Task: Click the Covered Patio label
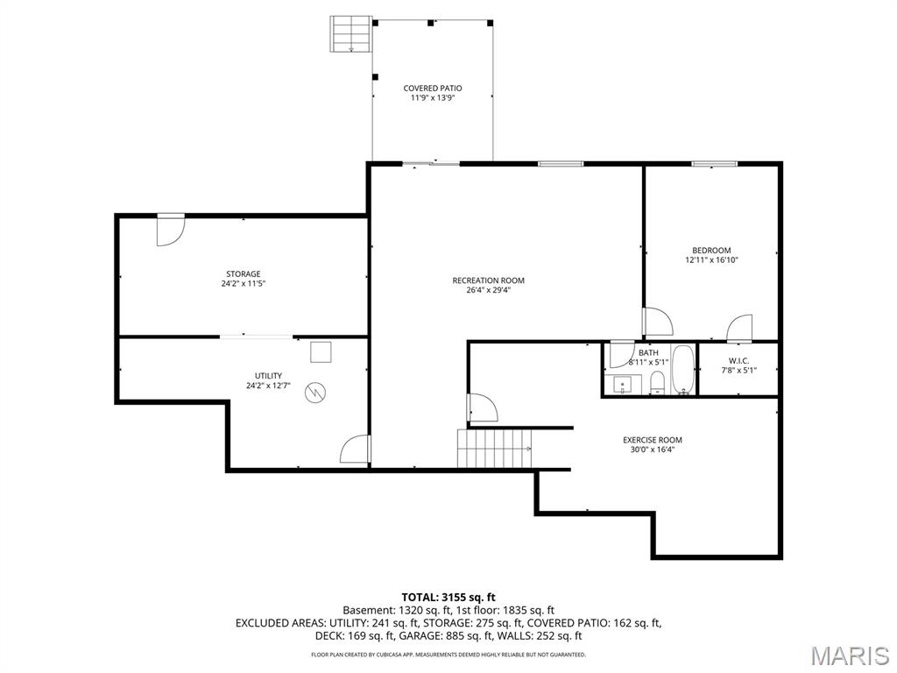click(x=433, y=89)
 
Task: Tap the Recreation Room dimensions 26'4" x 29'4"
click(x=488, y=290)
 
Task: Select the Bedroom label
click(x=711, y=250)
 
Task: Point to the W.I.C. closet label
click(x=738, y=360)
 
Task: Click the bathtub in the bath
click(x=683, y=370)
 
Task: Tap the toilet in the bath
click(x=658, y=383)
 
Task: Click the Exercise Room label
click(x=652, y=440)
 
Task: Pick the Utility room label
click(x=268, y=376)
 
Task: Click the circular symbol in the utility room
click(x=314, y=392)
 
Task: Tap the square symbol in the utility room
click(x=321, y=352)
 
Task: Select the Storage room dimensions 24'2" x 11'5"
click(x=244, y=283)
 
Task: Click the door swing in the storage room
click(x=170, y=231)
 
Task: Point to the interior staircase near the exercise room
click(x=495, y=448)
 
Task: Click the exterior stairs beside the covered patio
click(x=350, y=34)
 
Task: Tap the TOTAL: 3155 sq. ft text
click(x=448, y=598)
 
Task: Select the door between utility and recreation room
click(x=356, y=450)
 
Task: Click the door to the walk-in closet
click(x=739, y=329)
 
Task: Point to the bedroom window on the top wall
click(x=714, y=164)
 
